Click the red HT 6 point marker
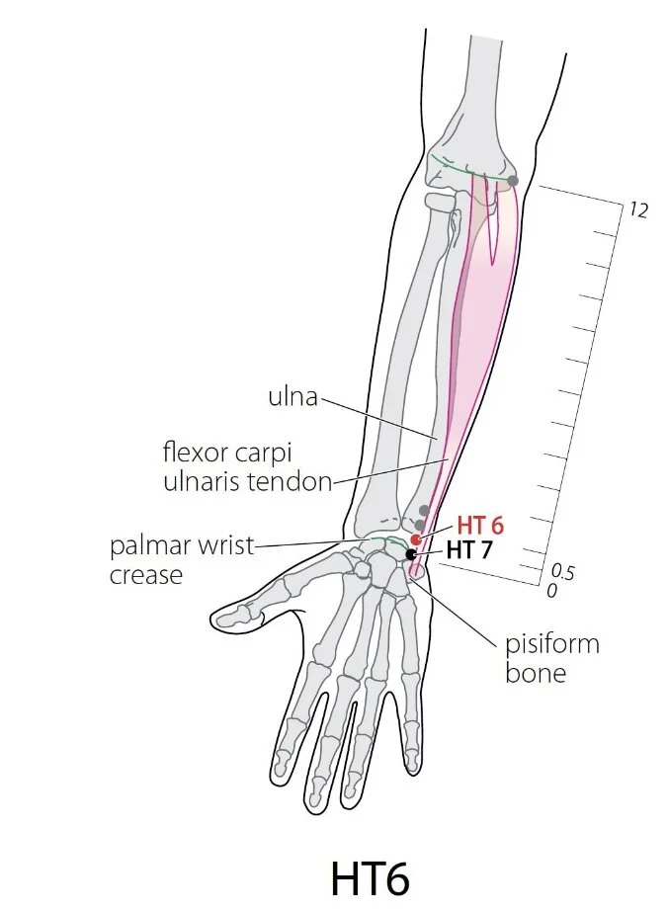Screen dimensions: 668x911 415,539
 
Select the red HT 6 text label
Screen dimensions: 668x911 480,526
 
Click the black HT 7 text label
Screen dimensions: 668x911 468,549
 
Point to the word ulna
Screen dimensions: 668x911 292,396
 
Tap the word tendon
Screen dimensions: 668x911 294,481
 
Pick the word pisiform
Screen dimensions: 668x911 551,644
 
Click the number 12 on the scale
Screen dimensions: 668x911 637,209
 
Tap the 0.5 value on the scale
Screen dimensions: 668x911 562,572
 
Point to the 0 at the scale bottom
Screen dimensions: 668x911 551,590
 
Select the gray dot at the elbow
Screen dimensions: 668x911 512,180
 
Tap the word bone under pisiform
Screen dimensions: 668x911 536,673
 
